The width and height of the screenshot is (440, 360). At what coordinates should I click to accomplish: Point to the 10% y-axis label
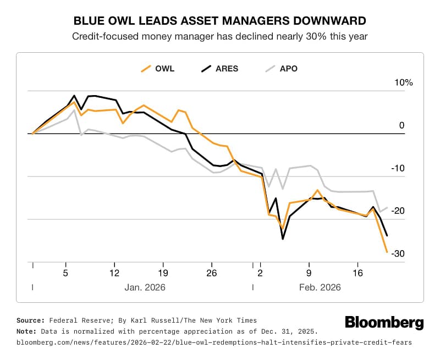[x=403, y=83]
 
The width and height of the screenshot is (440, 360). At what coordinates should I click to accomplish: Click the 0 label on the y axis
[x=402, y=125]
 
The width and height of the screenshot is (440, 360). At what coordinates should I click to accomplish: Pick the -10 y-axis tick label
[x=399, y=168]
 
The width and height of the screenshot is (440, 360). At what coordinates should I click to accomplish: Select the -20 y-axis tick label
[x=399, y=211]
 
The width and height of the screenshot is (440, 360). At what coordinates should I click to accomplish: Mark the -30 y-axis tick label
[x=399, y=253]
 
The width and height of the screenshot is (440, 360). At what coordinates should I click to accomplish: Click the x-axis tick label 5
[x=65, y=272]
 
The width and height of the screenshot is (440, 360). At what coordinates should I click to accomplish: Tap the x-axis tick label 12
[x=114, y=272]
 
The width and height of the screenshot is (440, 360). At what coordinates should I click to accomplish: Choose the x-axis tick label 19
[x=163, y=272]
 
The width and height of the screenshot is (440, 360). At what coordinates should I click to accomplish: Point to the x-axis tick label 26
[x=212, y=272]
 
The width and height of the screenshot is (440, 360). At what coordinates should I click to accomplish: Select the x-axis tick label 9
[x=309, y=272]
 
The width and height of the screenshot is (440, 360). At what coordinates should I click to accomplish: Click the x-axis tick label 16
[x=358, y=272]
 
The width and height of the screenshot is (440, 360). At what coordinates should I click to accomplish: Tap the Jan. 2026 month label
[x=146, y=287]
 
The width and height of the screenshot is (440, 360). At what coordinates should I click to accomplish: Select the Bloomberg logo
[x=384, y=323]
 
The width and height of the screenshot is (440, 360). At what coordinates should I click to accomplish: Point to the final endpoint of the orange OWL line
[x=387, y=252]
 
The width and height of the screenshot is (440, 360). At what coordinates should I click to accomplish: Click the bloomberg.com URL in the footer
[x=214, y=342]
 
